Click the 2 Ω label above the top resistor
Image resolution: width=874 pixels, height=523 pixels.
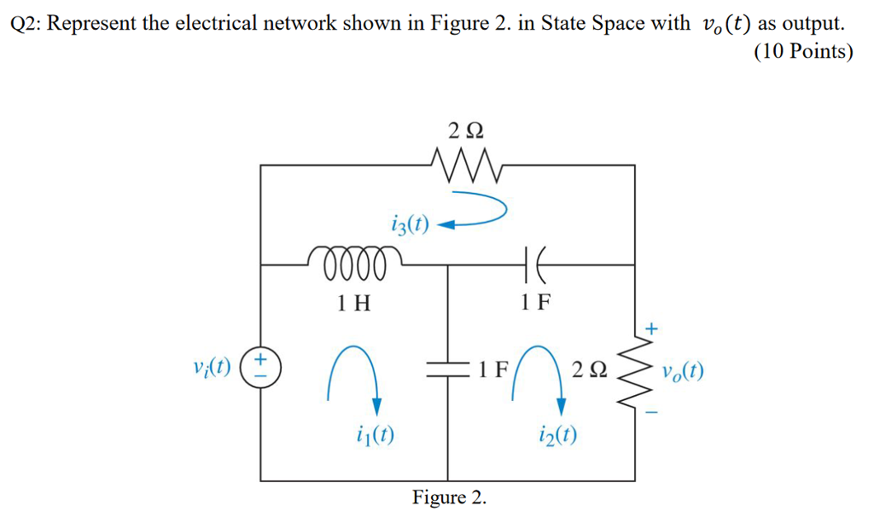click(465, 130)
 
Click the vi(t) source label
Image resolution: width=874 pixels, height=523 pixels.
click(213, 369)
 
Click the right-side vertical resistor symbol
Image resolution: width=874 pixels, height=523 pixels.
click(635, 370)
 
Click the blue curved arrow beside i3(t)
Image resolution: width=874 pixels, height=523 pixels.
click(478, 213)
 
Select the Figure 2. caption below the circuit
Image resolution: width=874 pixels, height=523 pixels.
click(450, 497)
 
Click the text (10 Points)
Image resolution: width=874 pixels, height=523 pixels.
click(803, 53)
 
